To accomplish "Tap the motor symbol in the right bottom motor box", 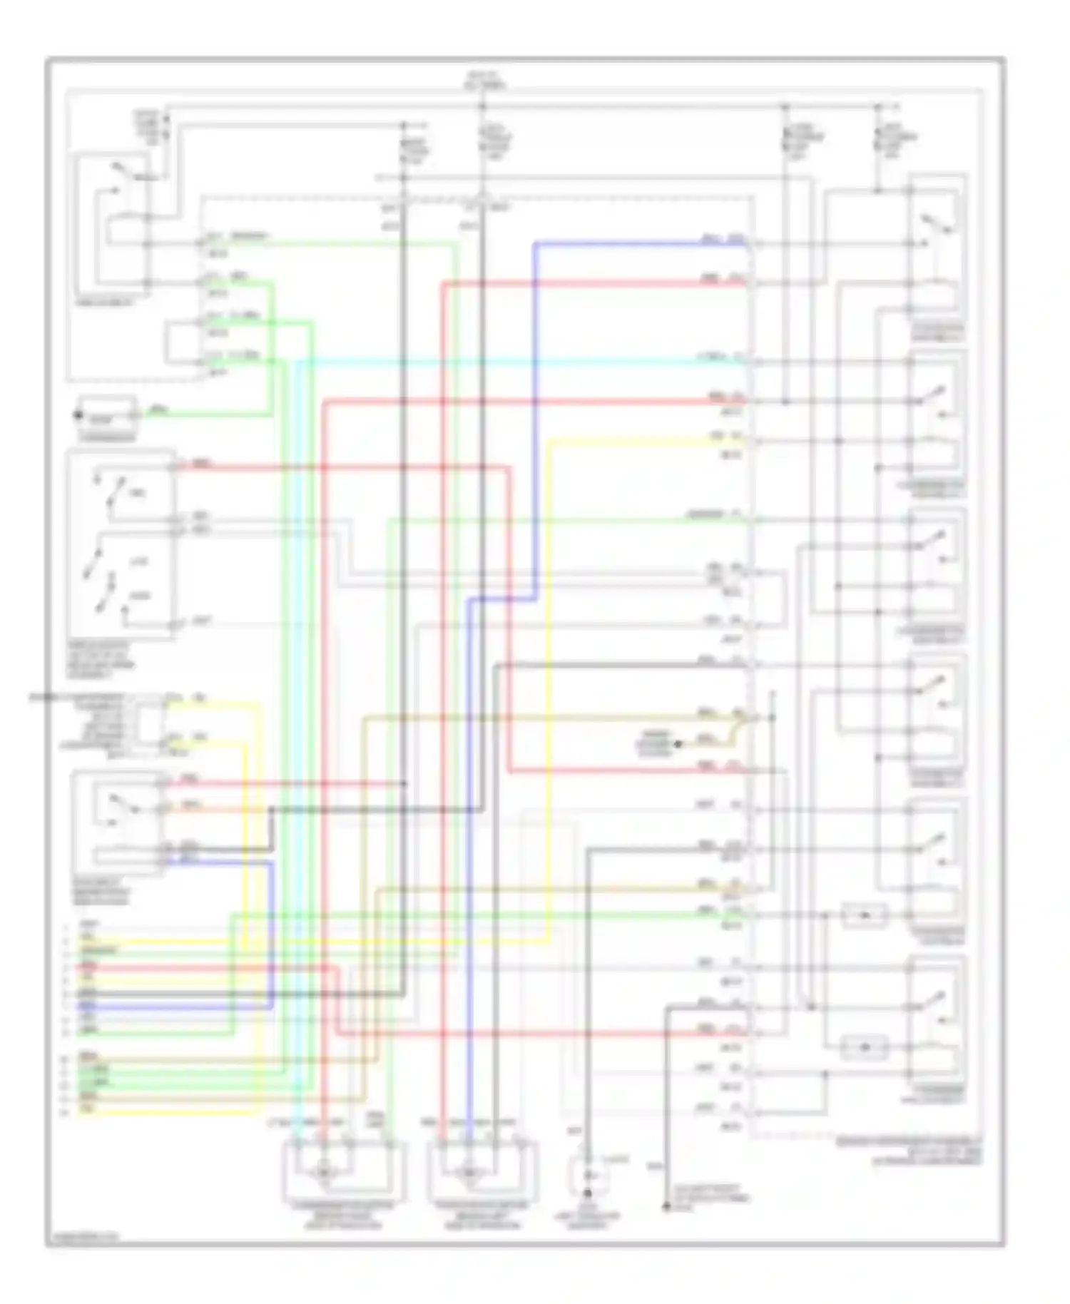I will coord(469,1171).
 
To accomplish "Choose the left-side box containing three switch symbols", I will coord(120,544).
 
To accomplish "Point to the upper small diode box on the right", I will coord(865,915).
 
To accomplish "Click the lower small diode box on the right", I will coord(865,1047).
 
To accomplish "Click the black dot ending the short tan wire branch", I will coord(678,744).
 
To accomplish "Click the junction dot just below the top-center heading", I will coord(482,107).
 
